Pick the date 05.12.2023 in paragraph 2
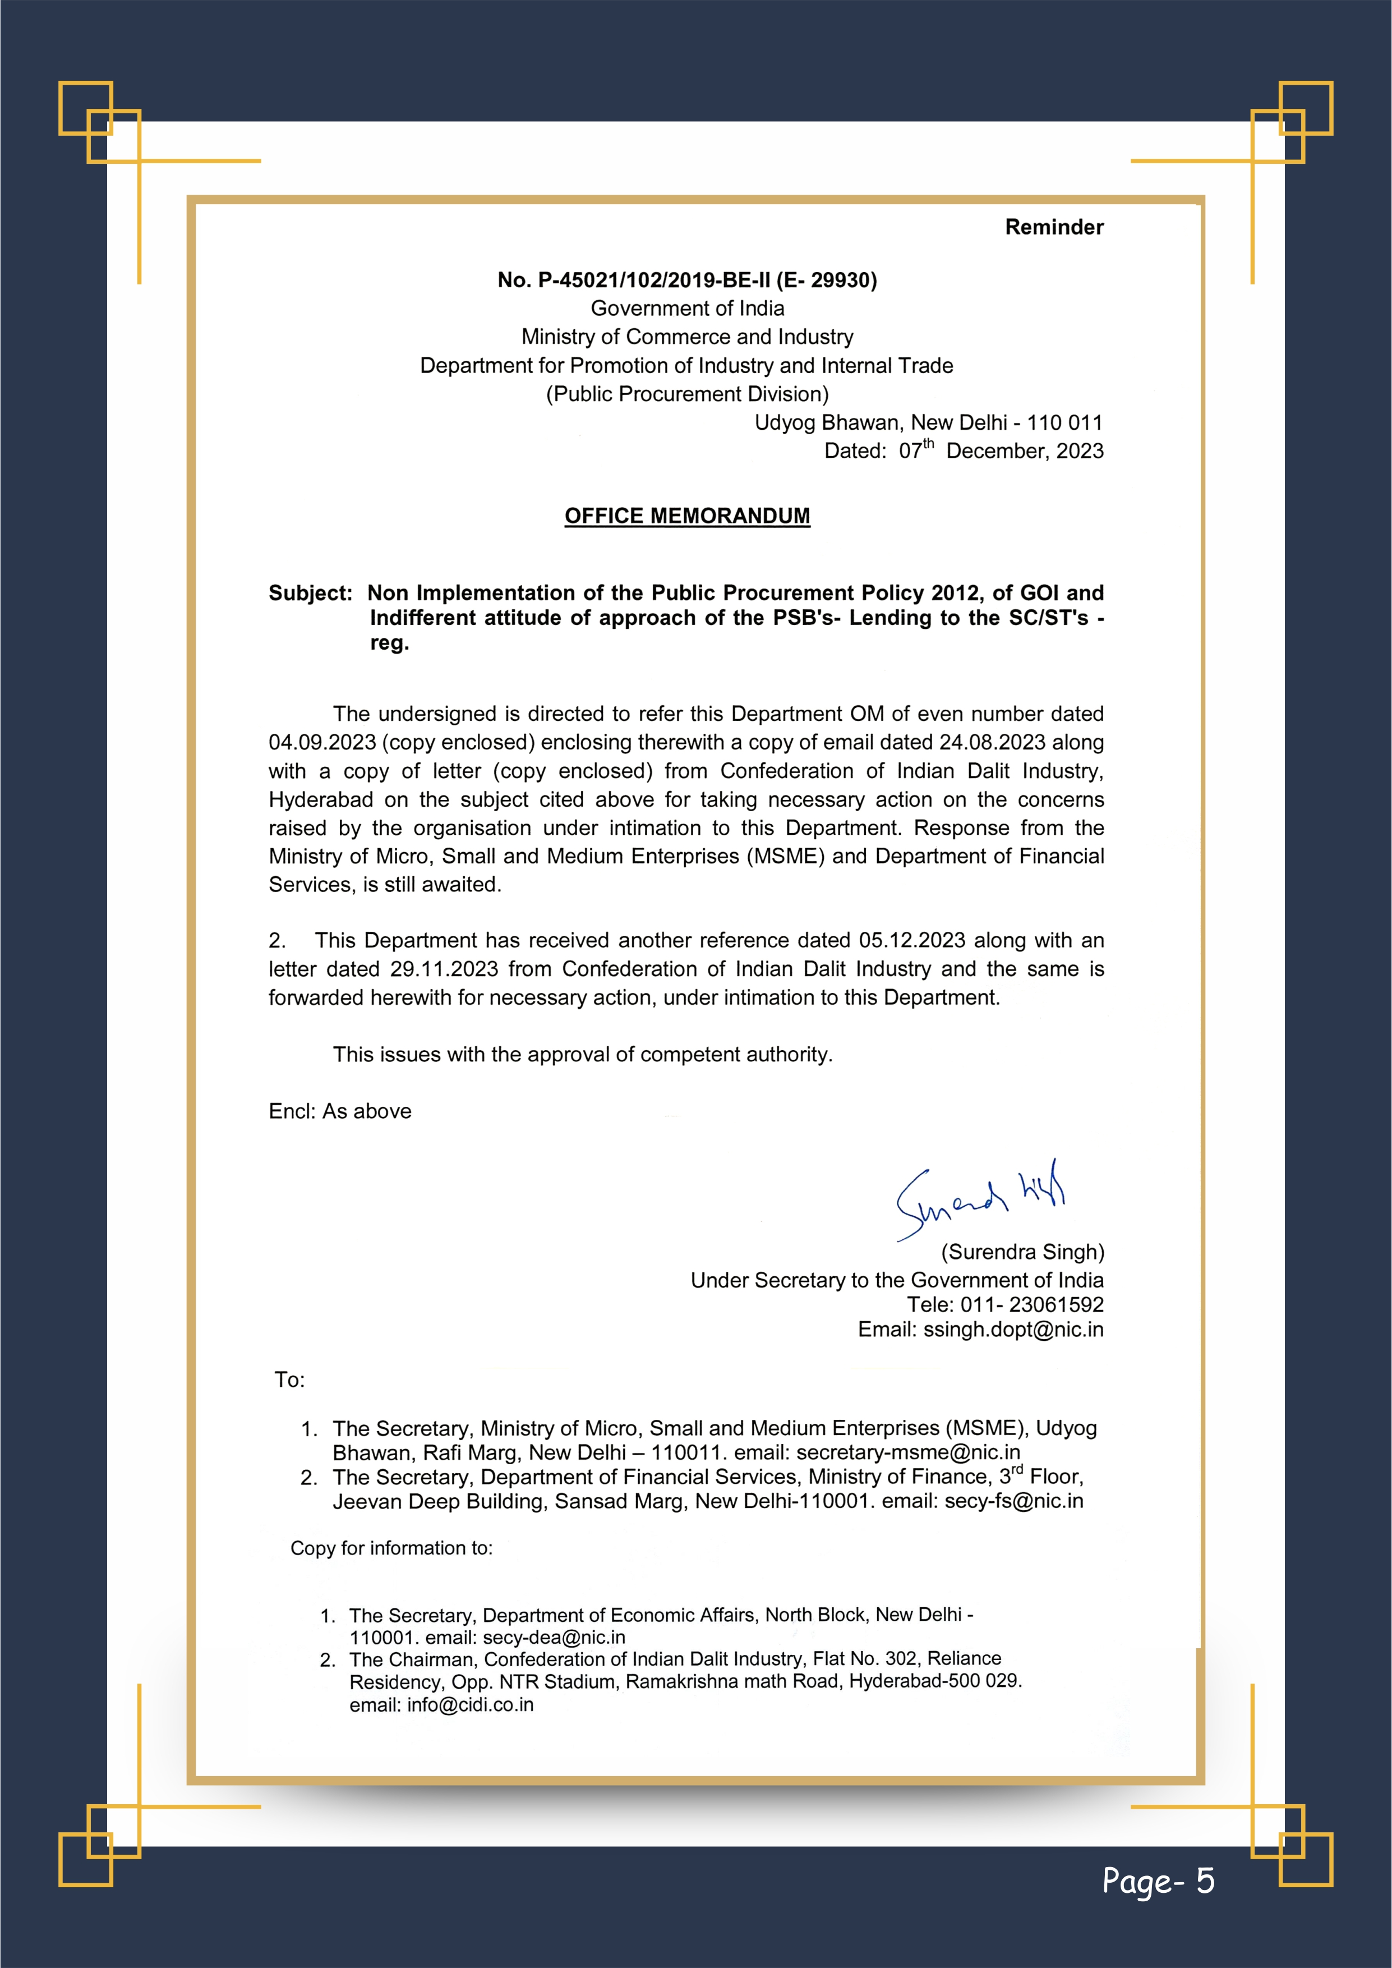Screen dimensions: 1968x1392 pos(912,940)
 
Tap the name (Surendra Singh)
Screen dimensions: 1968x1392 pos(1022,1252)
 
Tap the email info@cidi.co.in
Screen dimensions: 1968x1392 pos(470,1705)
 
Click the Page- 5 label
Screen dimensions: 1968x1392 pos(1158,1880)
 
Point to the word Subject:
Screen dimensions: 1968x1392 pos(310,593)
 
